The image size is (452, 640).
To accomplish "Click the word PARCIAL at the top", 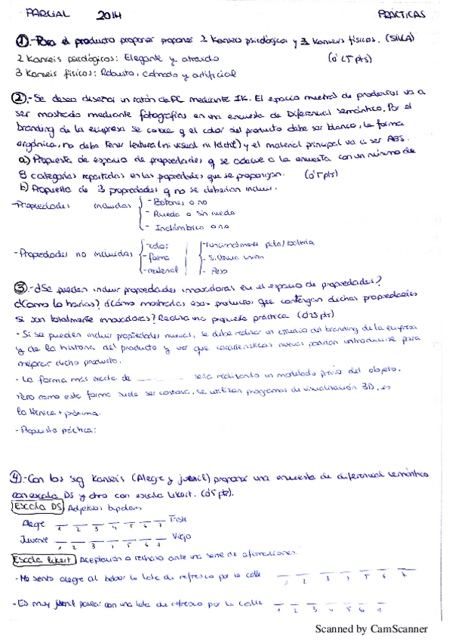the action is point(47,13).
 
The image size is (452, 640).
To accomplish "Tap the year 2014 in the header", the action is point(110,14).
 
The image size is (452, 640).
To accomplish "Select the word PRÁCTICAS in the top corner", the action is point(401,14).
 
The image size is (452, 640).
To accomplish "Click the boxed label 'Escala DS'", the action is point(38,508).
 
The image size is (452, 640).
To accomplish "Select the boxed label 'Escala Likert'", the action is point(43,560).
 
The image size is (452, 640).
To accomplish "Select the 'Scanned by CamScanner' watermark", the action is point(371,628).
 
